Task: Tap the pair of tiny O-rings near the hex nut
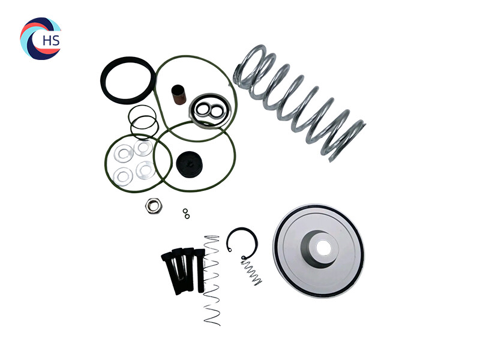coord(185,213)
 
